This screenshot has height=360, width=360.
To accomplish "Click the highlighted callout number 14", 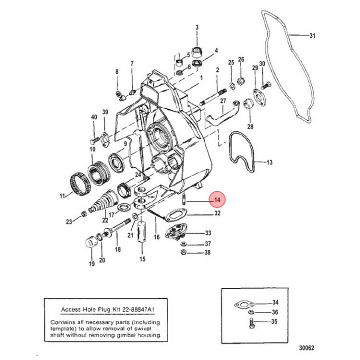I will pos(217,200).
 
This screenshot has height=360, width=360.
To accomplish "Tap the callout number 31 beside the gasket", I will pos(312,35).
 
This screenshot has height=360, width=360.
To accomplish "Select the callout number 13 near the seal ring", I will pos(269,162).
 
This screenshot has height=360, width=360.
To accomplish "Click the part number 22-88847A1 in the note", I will pos(132,309).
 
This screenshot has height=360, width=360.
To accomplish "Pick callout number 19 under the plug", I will pos(91,264).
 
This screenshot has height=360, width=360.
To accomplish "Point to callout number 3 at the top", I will pos(196,27).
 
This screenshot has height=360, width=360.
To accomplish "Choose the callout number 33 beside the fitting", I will pos(208,233).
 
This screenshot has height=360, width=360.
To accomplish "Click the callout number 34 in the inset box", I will pos(275,302).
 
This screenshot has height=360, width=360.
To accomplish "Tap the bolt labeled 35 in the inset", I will pos(251,325).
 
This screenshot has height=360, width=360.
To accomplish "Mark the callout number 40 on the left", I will pos(94,117).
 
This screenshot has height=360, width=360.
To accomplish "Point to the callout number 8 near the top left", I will pos(117,72).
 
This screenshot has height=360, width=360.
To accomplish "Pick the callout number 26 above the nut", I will pos(241,60).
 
